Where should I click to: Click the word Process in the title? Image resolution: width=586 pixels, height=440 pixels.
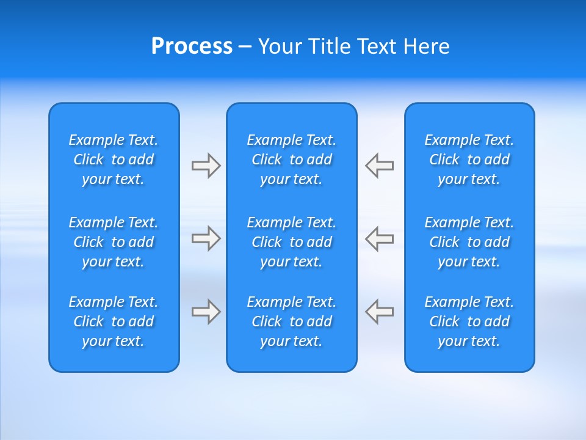(192, 46)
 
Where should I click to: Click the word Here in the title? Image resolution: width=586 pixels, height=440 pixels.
(426, 46)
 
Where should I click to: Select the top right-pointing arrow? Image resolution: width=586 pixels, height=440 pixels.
(206, 166)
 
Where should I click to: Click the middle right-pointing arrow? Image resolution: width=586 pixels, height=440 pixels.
(206, 238)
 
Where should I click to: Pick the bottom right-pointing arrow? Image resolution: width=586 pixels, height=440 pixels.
(206, 312)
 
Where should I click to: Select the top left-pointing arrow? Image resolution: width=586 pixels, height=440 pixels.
(380, 166)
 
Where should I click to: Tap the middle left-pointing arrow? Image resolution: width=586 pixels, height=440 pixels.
(380, 238)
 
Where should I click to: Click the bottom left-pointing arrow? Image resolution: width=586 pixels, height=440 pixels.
(380, 312)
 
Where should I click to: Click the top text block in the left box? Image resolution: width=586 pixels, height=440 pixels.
(114, 159)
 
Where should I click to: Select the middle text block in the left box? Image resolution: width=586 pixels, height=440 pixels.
(114, 242)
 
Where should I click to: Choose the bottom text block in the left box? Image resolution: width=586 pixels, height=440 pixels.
(114, 321)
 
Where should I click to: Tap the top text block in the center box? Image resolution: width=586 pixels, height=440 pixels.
(292, 159)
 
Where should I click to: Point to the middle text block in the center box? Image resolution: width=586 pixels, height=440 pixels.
(292, 242)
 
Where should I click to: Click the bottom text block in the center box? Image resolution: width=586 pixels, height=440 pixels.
(292, 321)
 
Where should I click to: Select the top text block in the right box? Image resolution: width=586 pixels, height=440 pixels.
(469, 159)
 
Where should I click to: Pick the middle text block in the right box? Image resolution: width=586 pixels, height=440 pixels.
(469, 242)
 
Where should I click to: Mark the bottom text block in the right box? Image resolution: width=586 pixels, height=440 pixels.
(469, 321)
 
